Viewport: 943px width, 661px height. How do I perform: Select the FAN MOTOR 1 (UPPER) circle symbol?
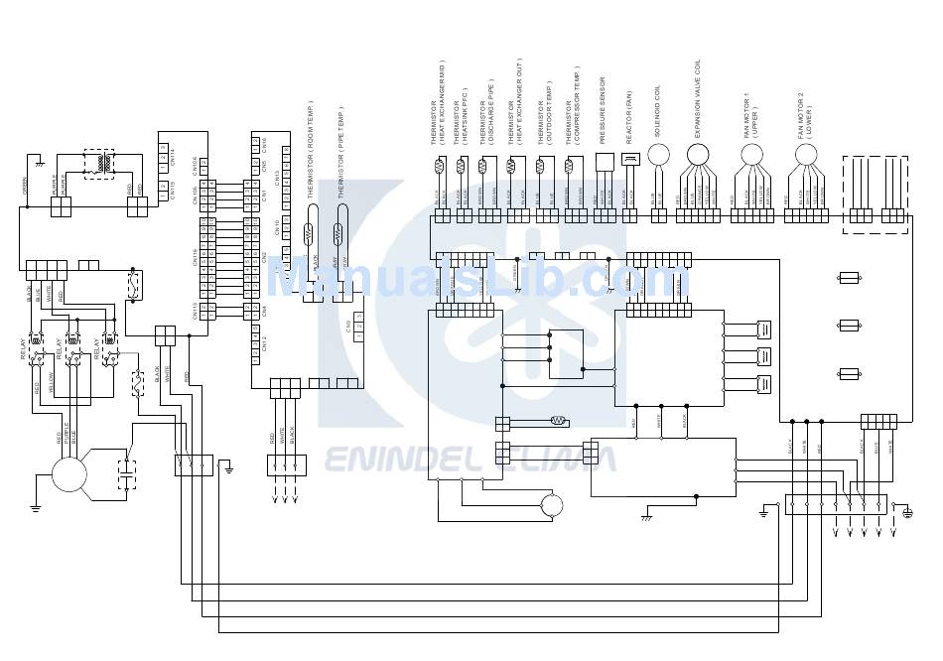tap(752, 154)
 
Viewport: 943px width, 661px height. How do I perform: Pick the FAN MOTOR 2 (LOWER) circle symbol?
tap(806, 154)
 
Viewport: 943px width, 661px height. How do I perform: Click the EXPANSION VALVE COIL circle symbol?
tap(699, 154)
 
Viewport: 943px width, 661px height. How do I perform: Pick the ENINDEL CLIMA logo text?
tap(470, 459)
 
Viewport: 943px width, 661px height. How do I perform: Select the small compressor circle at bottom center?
tap(551, 506)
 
